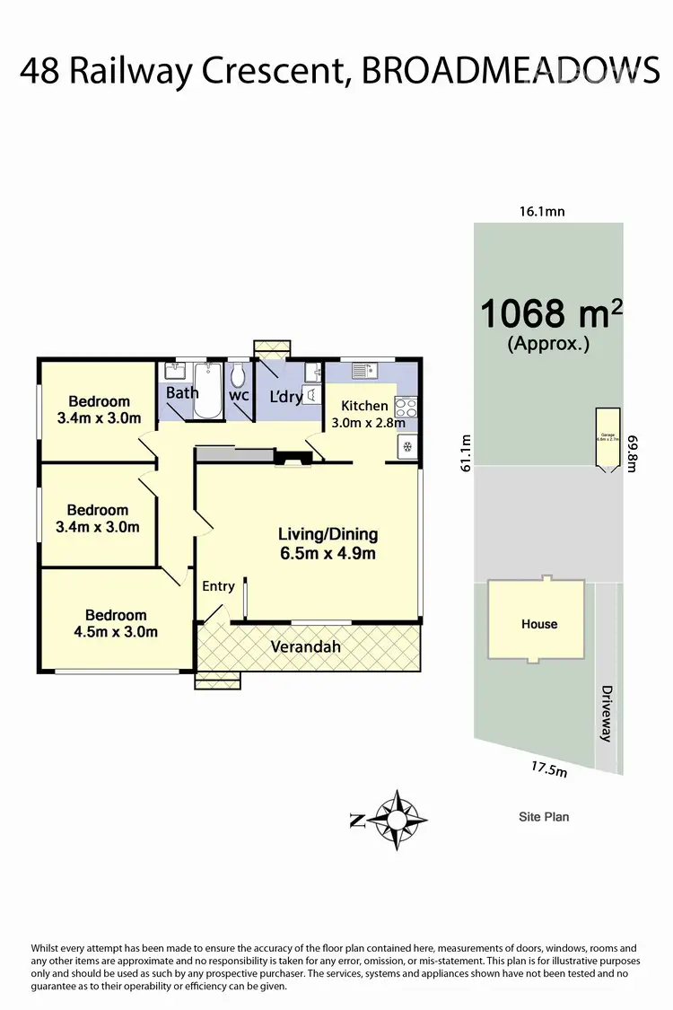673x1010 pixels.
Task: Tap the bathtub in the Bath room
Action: tap(210, 391)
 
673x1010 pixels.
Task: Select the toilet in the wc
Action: tap(238, 375)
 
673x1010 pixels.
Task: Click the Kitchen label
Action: tap(364, 406)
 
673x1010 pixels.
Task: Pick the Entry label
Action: tap(218, 586)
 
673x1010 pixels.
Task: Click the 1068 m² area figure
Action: tap(550, 313)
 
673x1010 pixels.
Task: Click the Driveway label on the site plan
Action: tap(607, 713)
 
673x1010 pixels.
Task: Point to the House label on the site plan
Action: tap(539, 624)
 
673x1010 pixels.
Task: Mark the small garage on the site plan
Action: tap(607, 439)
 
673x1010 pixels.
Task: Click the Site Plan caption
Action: tap(544, 817)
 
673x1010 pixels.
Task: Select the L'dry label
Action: tap(285, 397)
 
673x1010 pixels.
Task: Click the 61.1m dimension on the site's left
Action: tap(465, 455)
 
